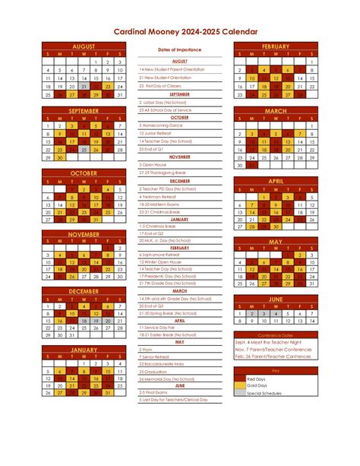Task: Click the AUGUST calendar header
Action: [84, 46]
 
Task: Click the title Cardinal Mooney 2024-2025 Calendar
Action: [180, 32]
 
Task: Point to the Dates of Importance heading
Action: [179, 49]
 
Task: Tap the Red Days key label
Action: [256, 378]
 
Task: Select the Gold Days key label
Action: [257, 385]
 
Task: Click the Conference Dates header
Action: [276, 334]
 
